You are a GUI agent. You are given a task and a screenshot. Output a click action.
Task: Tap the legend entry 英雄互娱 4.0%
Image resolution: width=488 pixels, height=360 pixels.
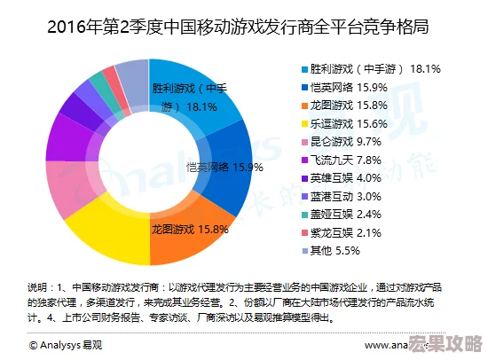coord(355,177)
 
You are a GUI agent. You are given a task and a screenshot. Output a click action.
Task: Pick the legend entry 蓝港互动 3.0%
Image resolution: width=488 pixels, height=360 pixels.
coord(355,196)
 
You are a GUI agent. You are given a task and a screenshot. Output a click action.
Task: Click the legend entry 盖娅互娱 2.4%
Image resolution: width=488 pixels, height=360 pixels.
coord(355,214)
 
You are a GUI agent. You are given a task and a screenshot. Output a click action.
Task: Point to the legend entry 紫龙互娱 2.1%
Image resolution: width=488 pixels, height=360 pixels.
coord(355,232)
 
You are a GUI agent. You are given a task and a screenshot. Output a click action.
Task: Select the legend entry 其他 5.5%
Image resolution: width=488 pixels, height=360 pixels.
coord(346,251)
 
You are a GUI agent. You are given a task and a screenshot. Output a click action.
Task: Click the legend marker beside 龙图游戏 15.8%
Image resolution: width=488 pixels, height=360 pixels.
coord(303,105)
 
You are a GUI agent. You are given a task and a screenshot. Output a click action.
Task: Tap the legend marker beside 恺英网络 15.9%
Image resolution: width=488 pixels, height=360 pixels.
coord(303,86)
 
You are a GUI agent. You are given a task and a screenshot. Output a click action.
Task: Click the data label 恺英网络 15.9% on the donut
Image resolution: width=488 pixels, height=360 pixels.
coord(224,167)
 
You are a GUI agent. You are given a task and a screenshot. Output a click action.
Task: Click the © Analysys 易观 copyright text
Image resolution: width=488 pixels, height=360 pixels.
coord(67,344)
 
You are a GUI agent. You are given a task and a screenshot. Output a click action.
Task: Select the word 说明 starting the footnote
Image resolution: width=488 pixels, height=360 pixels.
coord(38,287)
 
